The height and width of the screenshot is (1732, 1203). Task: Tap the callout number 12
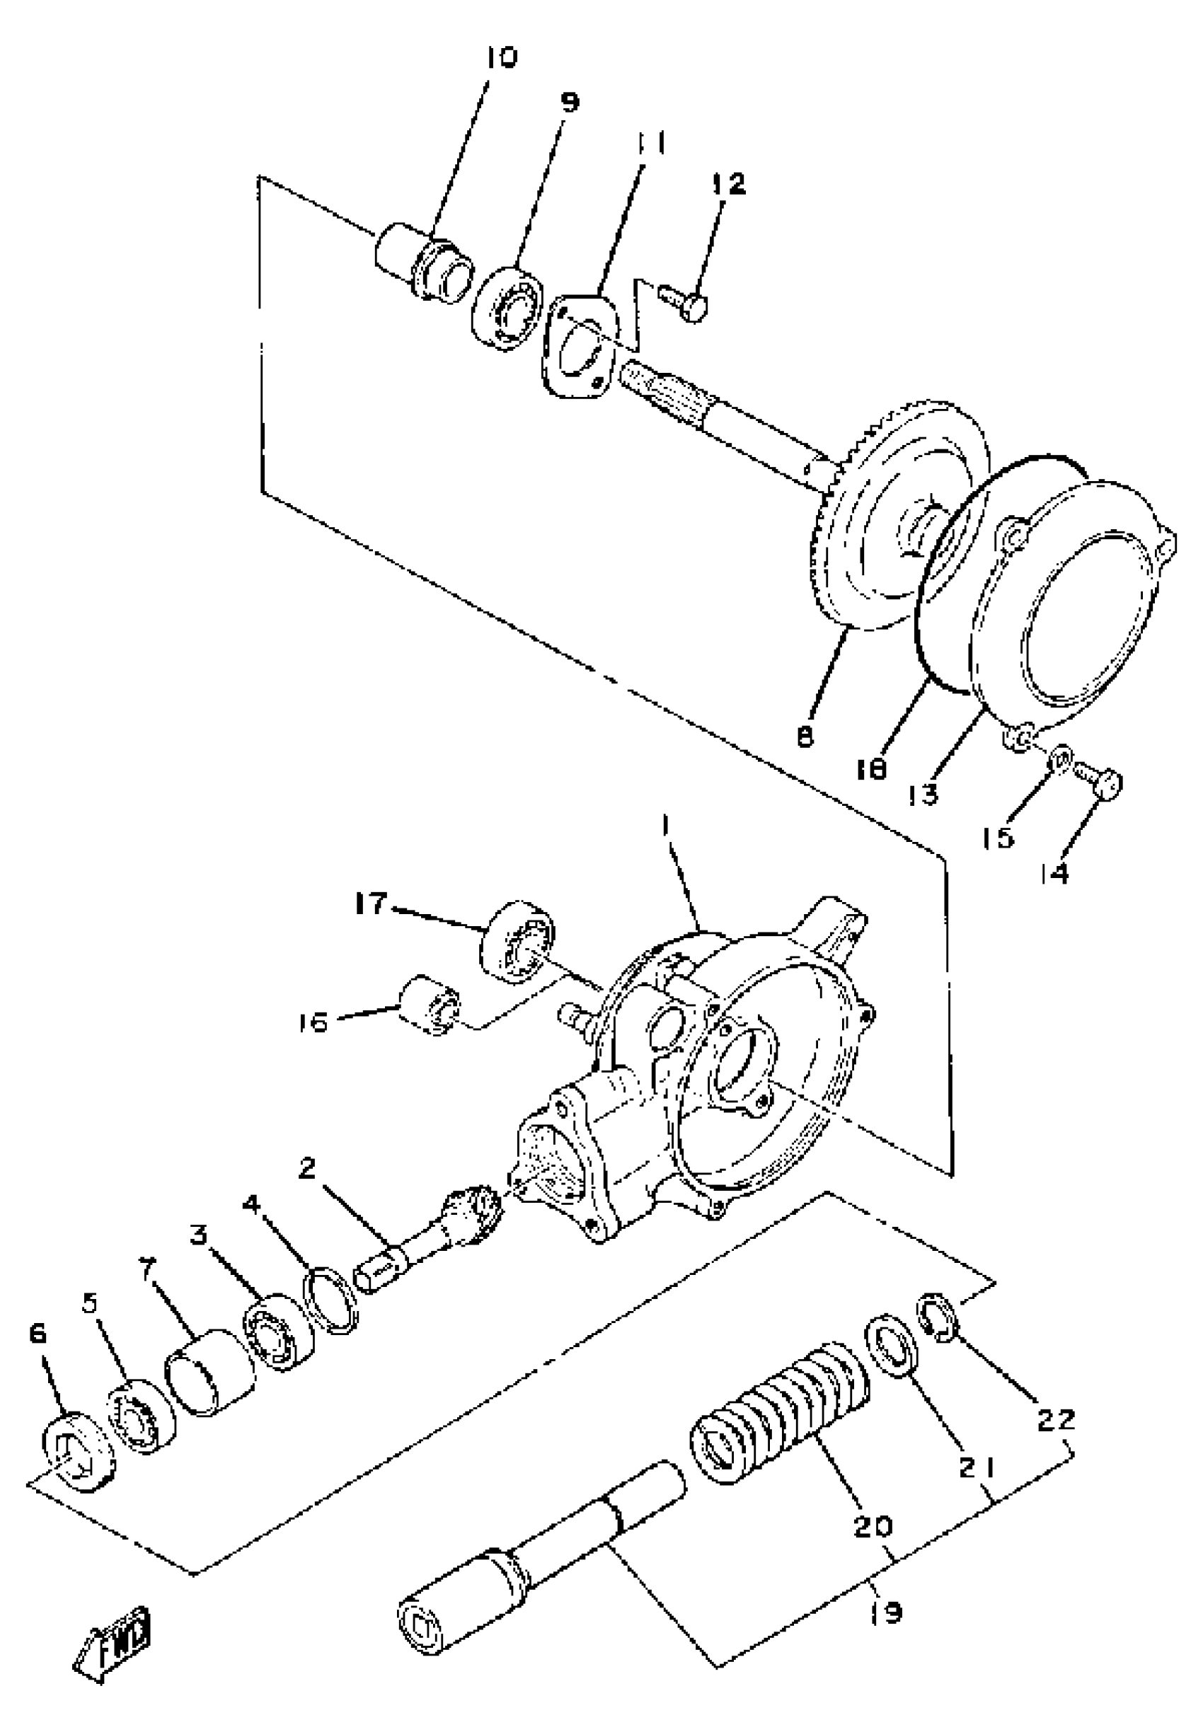tap(727, 183)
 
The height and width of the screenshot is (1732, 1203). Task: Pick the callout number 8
tap(806, 737)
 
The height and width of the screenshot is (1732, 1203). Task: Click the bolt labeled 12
tap(686, 303)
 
